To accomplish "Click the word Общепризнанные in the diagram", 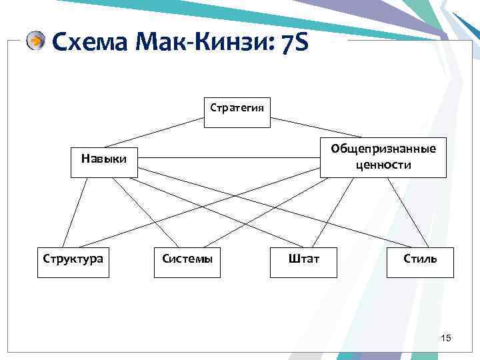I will click(383, 149).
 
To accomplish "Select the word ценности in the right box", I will click(383, 165).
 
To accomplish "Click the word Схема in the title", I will click(89, 43).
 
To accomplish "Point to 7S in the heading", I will click(291, 43).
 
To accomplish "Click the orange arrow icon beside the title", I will click(36, 41).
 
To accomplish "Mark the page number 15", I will click(446, 339).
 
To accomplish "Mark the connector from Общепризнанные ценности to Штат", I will click(333, 212).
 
